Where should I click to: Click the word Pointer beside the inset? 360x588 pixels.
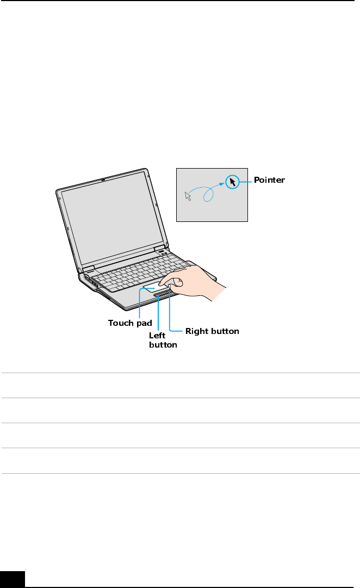pyautogui.click(x=270, y=180)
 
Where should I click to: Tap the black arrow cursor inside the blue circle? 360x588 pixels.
pyautogui.click(x=232, y=182)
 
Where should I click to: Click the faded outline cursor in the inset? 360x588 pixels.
pyautogui.click(x=188, y=196)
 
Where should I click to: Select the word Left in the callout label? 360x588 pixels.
pyautogui.click(x=157, y=336)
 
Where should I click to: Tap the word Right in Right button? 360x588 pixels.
pyautogui.click(x=197, y=331)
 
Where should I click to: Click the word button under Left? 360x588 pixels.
pyautogui.click(x=163, y=345)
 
